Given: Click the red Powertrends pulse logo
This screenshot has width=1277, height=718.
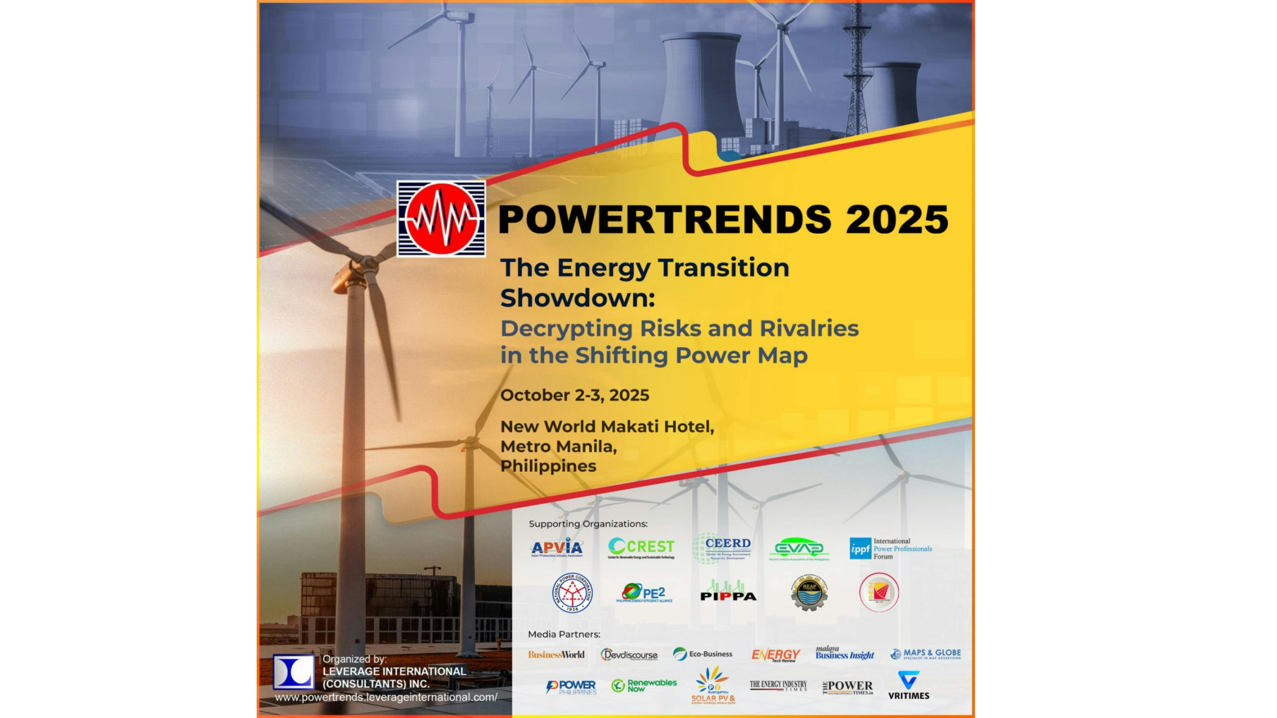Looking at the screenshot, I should (441, 219).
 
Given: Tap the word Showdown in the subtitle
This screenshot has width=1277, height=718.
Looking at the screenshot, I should (577, 298).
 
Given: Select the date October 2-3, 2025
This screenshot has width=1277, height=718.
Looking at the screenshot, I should (574, 395).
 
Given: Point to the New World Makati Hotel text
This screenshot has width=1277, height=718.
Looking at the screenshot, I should (607, 426).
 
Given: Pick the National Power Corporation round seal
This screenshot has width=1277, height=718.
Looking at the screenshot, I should (573, 593).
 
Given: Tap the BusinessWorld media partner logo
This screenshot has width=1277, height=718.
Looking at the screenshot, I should (556, 655).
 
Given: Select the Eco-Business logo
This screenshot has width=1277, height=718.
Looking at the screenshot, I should (703, 654).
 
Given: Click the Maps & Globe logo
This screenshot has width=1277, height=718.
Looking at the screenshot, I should (925, 654).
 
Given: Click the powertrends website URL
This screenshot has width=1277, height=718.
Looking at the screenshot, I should (386, 697).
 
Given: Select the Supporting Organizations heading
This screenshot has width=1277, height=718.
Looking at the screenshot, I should (588, 524).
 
